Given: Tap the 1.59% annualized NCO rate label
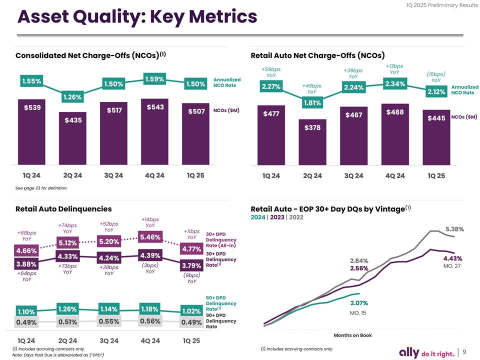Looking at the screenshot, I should (154, 79).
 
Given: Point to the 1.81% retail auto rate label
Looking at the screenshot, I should (312, 103).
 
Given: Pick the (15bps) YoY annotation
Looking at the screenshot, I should (436, 77).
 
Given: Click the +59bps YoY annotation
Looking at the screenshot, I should (271, 72).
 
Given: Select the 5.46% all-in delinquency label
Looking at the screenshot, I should (150, 236).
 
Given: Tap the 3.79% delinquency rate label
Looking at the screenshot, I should (191, 265).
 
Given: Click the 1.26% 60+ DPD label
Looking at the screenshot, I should (67, 308).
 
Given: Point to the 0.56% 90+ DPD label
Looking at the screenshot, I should (150, 321).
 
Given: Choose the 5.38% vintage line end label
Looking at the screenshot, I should (454, 229).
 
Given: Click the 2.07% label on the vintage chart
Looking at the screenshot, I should (359, 303).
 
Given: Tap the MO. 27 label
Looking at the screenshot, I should (452, 266).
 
